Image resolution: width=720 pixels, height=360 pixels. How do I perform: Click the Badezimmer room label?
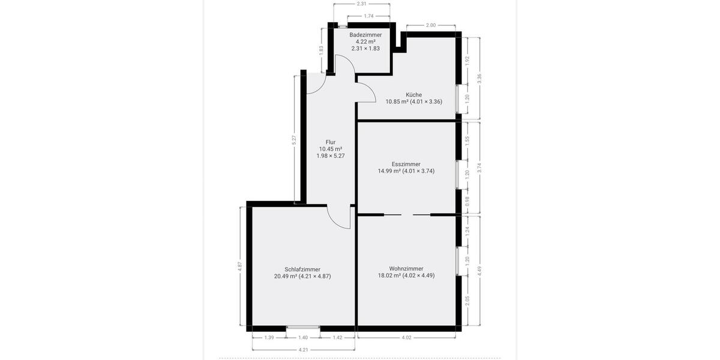[x=365, y=35]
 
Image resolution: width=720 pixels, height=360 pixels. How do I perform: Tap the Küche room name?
[x=413, y=95]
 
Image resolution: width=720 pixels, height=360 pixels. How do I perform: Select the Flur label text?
[x=331, y=142]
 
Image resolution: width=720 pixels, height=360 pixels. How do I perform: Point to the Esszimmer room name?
[x=406, y=164]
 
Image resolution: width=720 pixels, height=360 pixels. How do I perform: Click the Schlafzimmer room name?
[x=302, y=269]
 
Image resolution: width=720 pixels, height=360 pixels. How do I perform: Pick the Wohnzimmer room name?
[x=406, y=269]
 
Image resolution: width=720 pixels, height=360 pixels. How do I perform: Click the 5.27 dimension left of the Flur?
[x=294, y=140]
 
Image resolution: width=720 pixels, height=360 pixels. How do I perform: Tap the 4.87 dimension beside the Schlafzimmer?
[x=240, y=266]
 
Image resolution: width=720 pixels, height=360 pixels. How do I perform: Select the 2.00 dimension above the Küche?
[x=431, y=25]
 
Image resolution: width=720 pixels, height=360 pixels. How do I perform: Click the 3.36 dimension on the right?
[x=479, y=78]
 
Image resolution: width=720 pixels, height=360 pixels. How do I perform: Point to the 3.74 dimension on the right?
[x=479, y=169]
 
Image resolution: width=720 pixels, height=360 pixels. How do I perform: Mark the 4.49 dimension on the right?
[x=479, y=271]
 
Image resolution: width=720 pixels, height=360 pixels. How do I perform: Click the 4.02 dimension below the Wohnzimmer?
[x=406, y=338]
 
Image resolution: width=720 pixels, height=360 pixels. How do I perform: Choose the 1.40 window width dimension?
[x=303, y=338]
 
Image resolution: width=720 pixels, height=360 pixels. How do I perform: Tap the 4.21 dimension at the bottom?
[x=303, y=350]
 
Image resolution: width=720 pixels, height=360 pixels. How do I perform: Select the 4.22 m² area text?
[x=365, y=41]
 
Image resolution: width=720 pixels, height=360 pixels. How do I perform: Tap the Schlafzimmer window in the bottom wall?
[x=303, y=328]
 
